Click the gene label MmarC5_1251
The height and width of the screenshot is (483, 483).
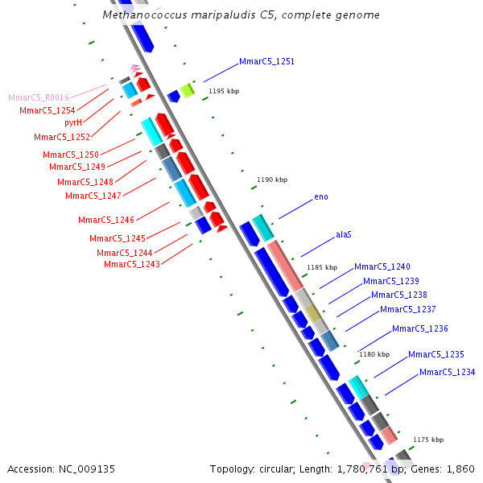pos(266,62)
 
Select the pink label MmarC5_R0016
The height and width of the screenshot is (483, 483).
pos(44,97)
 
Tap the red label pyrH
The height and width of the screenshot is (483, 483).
pos(73,122)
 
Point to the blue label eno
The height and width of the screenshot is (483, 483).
pos(321,197)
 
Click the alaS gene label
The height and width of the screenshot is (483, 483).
pos(344,235)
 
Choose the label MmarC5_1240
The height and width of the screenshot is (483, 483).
pos(382,266)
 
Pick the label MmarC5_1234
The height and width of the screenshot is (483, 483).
pos(447,372)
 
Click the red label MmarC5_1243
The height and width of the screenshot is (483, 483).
pos(131,264)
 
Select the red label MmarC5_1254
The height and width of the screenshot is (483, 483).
pos(47,110)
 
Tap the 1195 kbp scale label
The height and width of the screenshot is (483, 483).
pos(224,92)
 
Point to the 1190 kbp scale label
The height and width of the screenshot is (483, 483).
pos(272,180)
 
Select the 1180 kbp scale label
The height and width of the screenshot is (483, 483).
pos(374,354)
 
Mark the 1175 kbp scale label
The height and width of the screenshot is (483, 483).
pos(428,440)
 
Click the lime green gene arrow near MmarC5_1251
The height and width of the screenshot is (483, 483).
pos(187,90)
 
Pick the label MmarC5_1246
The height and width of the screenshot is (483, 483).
pos(105,220)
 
